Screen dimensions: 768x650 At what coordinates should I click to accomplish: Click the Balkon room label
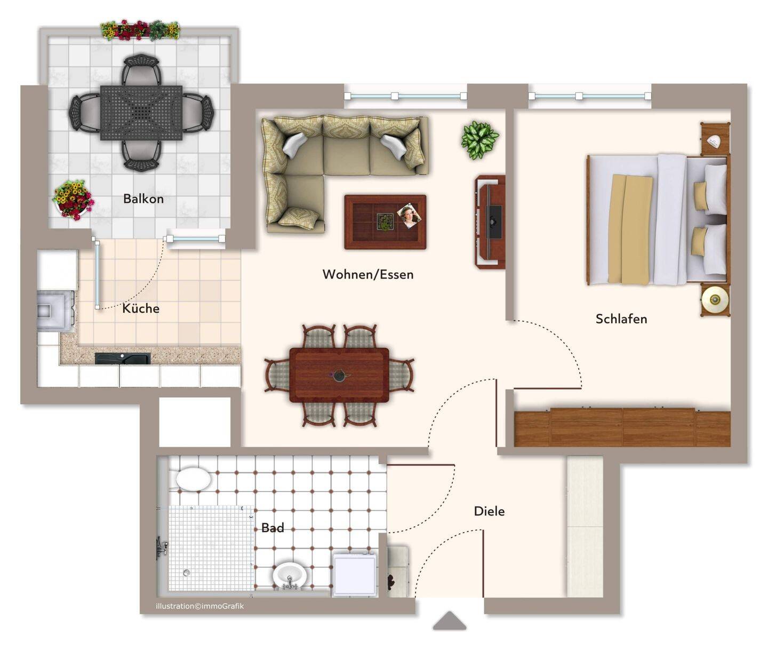point(143,199)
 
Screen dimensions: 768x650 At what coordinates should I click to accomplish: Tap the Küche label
point(141,308)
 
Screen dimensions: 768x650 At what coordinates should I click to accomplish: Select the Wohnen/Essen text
point(368,274)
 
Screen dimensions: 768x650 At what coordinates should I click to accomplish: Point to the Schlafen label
point(621,319)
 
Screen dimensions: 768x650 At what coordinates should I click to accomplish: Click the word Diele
point(489,511)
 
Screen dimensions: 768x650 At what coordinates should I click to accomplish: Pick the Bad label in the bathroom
point(273,528)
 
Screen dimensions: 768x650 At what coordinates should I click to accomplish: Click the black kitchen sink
point(123,359)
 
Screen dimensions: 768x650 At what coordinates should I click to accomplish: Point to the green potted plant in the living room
point(479,140)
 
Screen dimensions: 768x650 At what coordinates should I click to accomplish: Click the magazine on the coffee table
point(409,216)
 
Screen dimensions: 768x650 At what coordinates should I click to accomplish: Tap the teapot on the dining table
point(338,375)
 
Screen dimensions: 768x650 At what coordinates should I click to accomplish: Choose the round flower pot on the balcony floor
point(73,200)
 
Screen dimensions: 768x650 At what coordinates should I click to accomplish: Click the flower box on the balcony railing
point(140,30)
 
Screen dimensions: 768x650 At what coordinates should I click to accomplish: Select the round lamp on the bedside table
point(715,299)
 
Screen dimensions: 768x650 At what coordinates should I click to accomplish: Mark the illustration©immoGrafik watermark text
point(199,606)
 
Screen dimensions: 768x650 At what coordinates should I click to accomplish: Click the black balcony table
point(141,113)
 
